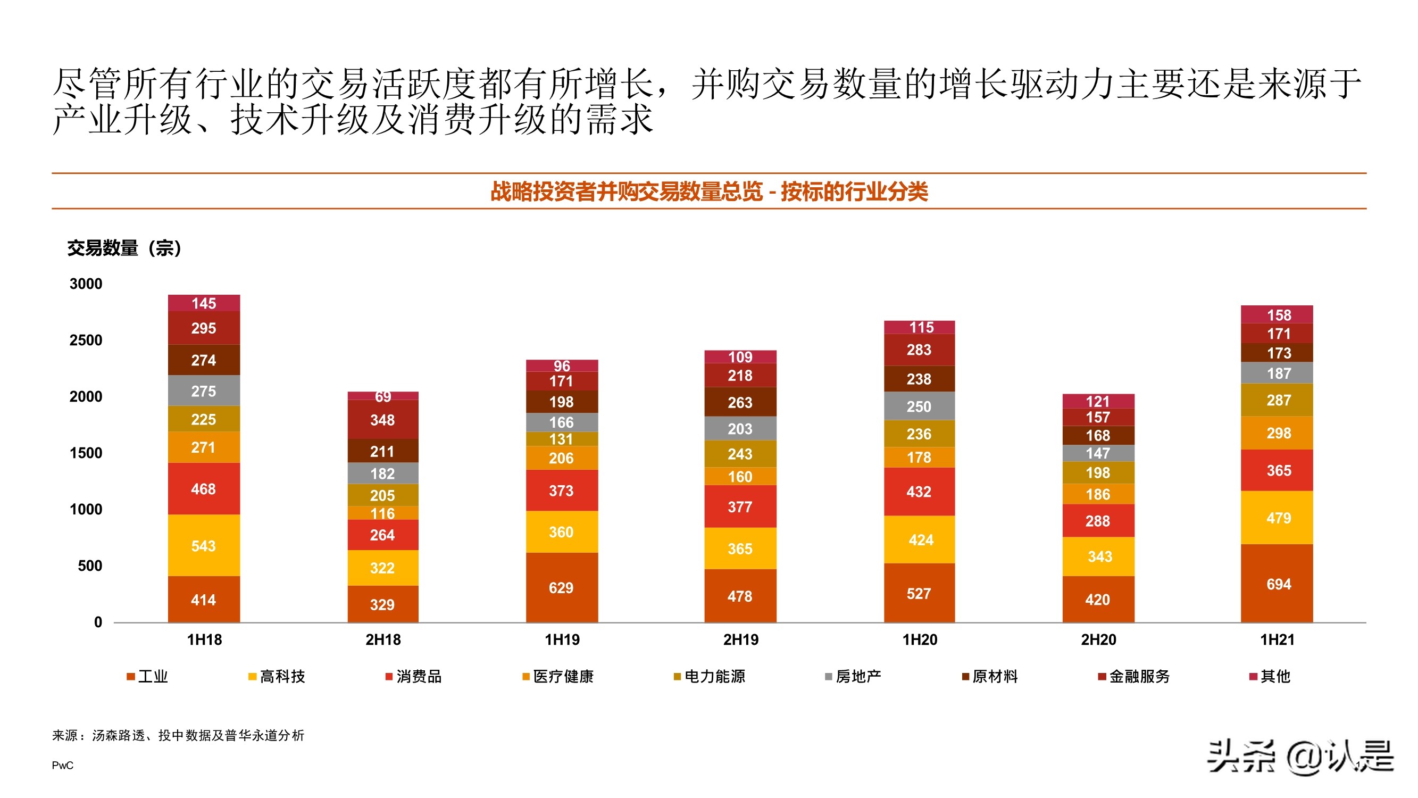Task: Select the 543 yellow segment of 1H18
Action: (204, 545)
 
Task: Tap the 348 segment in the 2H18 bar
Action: (382, 420)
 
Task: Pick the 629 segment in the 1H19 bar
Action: (562, 587)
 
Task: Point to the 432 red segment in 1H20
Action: (919, 491)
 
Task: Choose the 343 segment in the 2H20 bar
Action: (1098, 556)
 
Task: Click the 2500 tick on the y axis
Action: (86, 340)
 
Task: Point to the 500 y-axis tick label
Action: (90, 566)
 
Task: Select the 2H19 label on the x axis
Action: (740, 639)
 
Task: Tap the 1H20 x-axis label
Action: (919, 639)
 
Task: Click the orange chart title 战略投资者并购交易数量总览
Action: (709, 192)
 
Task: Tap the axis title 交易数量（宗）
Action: (124, 248)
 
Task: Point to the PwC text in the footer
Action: (63, 765)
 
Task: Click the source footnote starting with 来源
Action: (178, 735)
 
